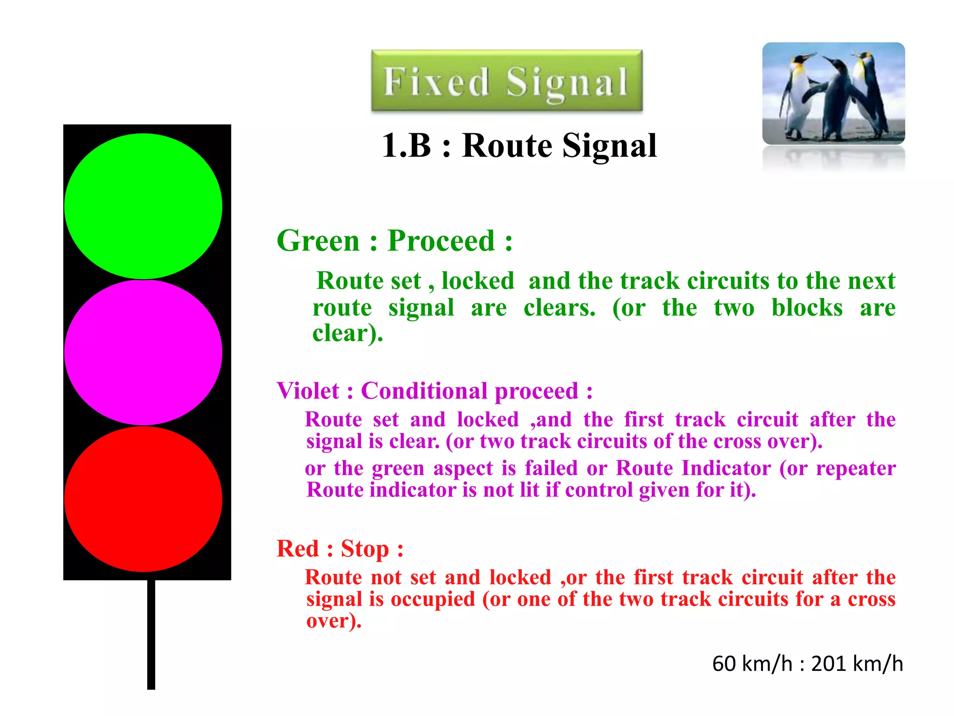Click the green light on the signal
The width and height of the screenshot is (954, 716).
click(x=143, y=206)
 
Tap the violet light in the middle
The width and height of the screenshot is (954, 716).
click(x=143, y=352)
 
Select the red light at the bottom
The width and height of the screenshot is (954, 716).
click(x=143, y=499)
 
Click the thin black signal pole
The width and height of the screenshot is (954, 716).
click(x=151, y=634)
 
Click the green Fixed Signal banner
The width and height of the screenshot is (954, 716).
click(x=507, y=81)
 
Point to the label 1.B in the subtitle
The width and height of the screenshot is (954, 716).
click(x=406, y=145)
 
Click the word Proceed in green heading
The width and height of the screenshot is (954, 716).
click(x=441, y=241)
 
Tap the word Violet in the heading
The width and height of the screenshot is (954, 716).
click(x=308, y=391)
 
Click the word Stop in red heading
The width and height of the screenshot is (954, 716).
click(x=365, y=549)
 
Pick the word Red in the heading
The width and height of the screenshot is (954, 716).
click(x=298, y=549)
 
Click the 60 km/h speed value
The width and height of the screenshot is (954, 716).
click(x=752, y=663)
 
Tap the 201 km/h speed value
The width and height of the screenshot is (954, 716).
click(x=857, y=663)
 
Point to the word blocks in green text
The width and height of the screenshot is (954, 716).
click(x=807, y=308)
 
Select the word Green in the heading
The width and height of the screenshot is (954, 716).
click(x=318, y=241)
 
